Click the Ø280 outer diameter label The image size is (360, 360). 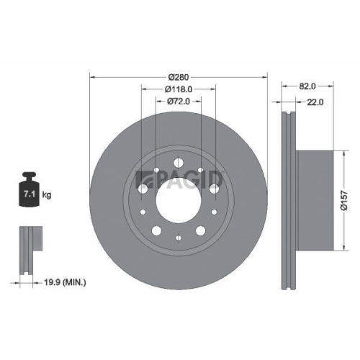point(178,77)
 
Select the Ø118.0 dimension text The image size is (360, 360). point(178,89)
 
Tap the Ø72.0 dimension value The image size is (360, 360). point(178,102)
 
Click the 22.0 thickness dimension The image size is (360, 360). point(315,102)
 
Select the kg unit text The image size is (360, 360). point(48,195)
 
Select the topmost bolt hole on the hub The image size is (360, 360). point(178,157)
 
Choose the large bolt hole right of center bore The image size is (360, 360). point(215,189)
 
